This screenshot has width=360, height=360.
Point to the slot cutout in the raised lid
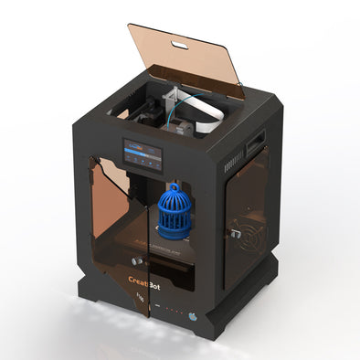pyautogui.click(x=180, y=44)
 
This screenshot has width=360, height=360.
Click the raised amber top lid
pyautogui.click(x=187, y=58)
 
